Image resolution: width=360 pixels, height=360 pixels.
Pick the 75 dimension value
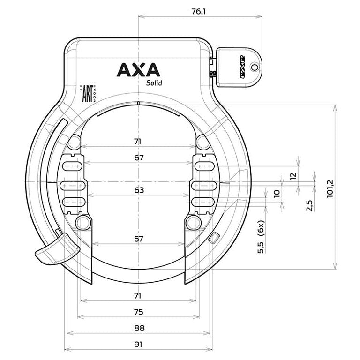coord(138,312)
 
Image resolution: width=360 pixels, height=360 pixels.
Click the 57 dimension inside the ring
coord(138,239)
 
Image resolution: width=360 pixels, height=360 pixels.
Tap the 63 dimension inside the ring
coord(138,190)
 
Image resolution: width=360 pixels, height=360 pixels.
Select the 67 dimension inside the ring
coord(138,157)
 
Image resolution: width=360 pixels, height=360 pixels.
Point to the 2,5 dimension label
coord(309,206)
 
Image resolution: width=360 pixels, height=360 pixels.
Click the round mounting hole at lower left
coord(82,222)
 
